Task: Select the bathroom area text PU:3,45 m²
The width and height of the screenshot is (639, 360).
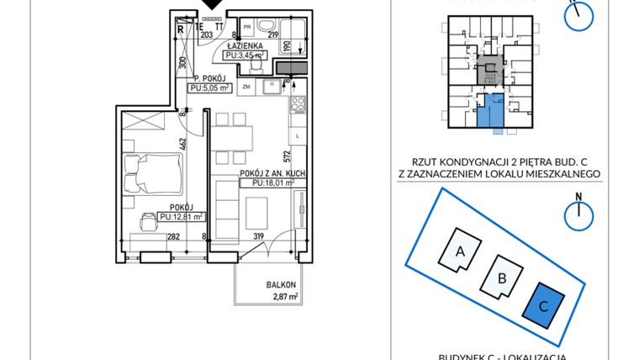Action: click(x=246, y=56)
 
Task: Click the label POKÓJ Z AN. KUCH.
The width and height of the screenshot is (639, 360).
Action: click(x=266, y=173)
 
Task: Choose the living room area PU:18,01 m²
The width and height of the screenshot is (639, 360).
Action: click(x=267, y=183)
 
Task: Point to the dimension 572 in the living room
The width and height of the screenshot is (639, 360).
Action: click(x=286, y=156)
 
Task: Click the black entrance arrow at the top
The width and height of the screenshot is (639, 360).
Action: click(x=214, y=5)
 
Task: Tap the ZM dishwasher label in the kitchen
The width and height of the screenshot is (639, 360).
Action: click(x=247, y=87)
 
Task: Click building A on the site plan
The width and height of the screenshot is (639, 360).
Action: click(x=460, y=251)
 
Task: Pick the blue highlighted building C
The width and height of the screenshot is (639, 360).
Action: click(x=542, y=306)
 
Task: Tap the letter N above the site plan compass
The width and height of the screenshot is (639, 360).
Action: click(x=578, y=199)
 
